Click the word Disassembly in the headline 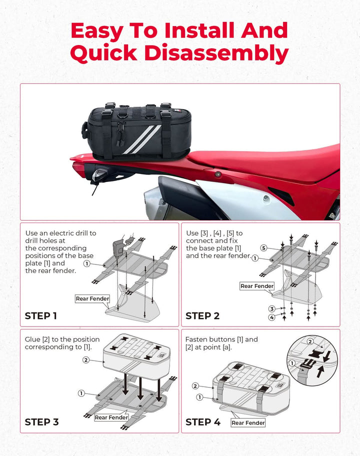point(216,53)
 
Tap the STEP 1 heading point(40,316)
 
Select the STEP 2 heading point(202,316)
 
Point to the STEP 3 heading point(41,422)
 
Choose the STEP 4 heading point(203,422)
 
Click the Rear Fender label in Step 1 point(92,298)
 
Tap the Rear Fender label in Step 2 point(257,286)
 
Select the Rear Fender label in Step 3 point(111,417)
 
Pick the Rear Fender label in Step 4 point(248,423)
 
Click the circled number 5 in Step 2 point(263,248)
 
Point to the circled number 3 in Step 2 point(272,309)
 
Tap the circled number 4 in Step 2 point(272,317)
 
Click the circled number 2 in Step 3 point(86,360)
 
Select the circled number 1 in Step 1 point(86,264)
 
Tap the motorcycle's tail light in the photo point(98,175)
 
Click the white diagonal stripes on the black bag point(142,139)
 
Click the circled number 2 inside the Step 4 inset point(310,341)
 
